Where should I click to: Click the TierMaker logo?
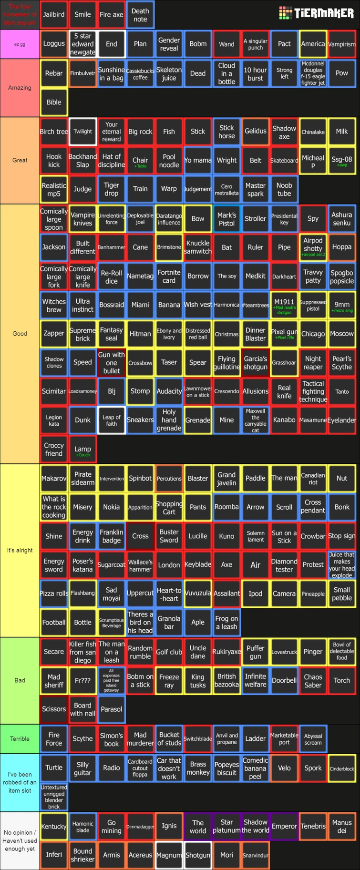tap(316, 13)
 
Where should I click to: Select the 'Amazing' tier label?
tap(20, 88)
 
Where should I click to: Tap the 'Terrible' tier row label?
tap(20, 738)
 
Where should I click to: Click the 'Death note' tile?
tap(140, 15)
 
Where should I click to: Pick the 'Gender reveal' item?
tap(169, 44)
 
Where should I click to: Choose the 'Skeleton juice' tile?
tap(169, 73)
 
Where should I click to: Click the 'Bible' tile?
tap(54, 102)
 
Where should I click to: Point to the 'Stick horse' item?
tap(226, 132)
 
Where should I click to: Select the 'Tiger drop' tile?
tap(111, 189)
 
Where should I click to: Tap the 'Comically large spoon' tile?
tap(54, 219)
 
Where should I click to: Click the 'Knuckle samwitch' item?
tap(198, 247)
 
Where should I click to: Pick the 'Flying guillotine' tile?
tap(226, 363)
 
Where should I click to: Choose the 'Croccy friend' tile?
tap(54, 449)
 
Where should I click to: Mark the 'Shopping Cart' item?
tap(169, 508)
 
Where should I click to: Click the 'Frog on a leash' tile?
tap(226, 623)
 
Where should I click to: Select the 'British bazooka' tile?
tap(226, 680)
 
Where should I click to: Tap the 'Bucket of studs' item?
tap(169, 738)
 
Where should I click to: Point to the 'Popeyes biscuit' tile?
tap(226, 768)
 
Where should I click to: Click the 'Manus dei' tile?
tap(342, 826)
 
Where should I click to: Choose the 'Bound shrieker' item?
tap(82, 855)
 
